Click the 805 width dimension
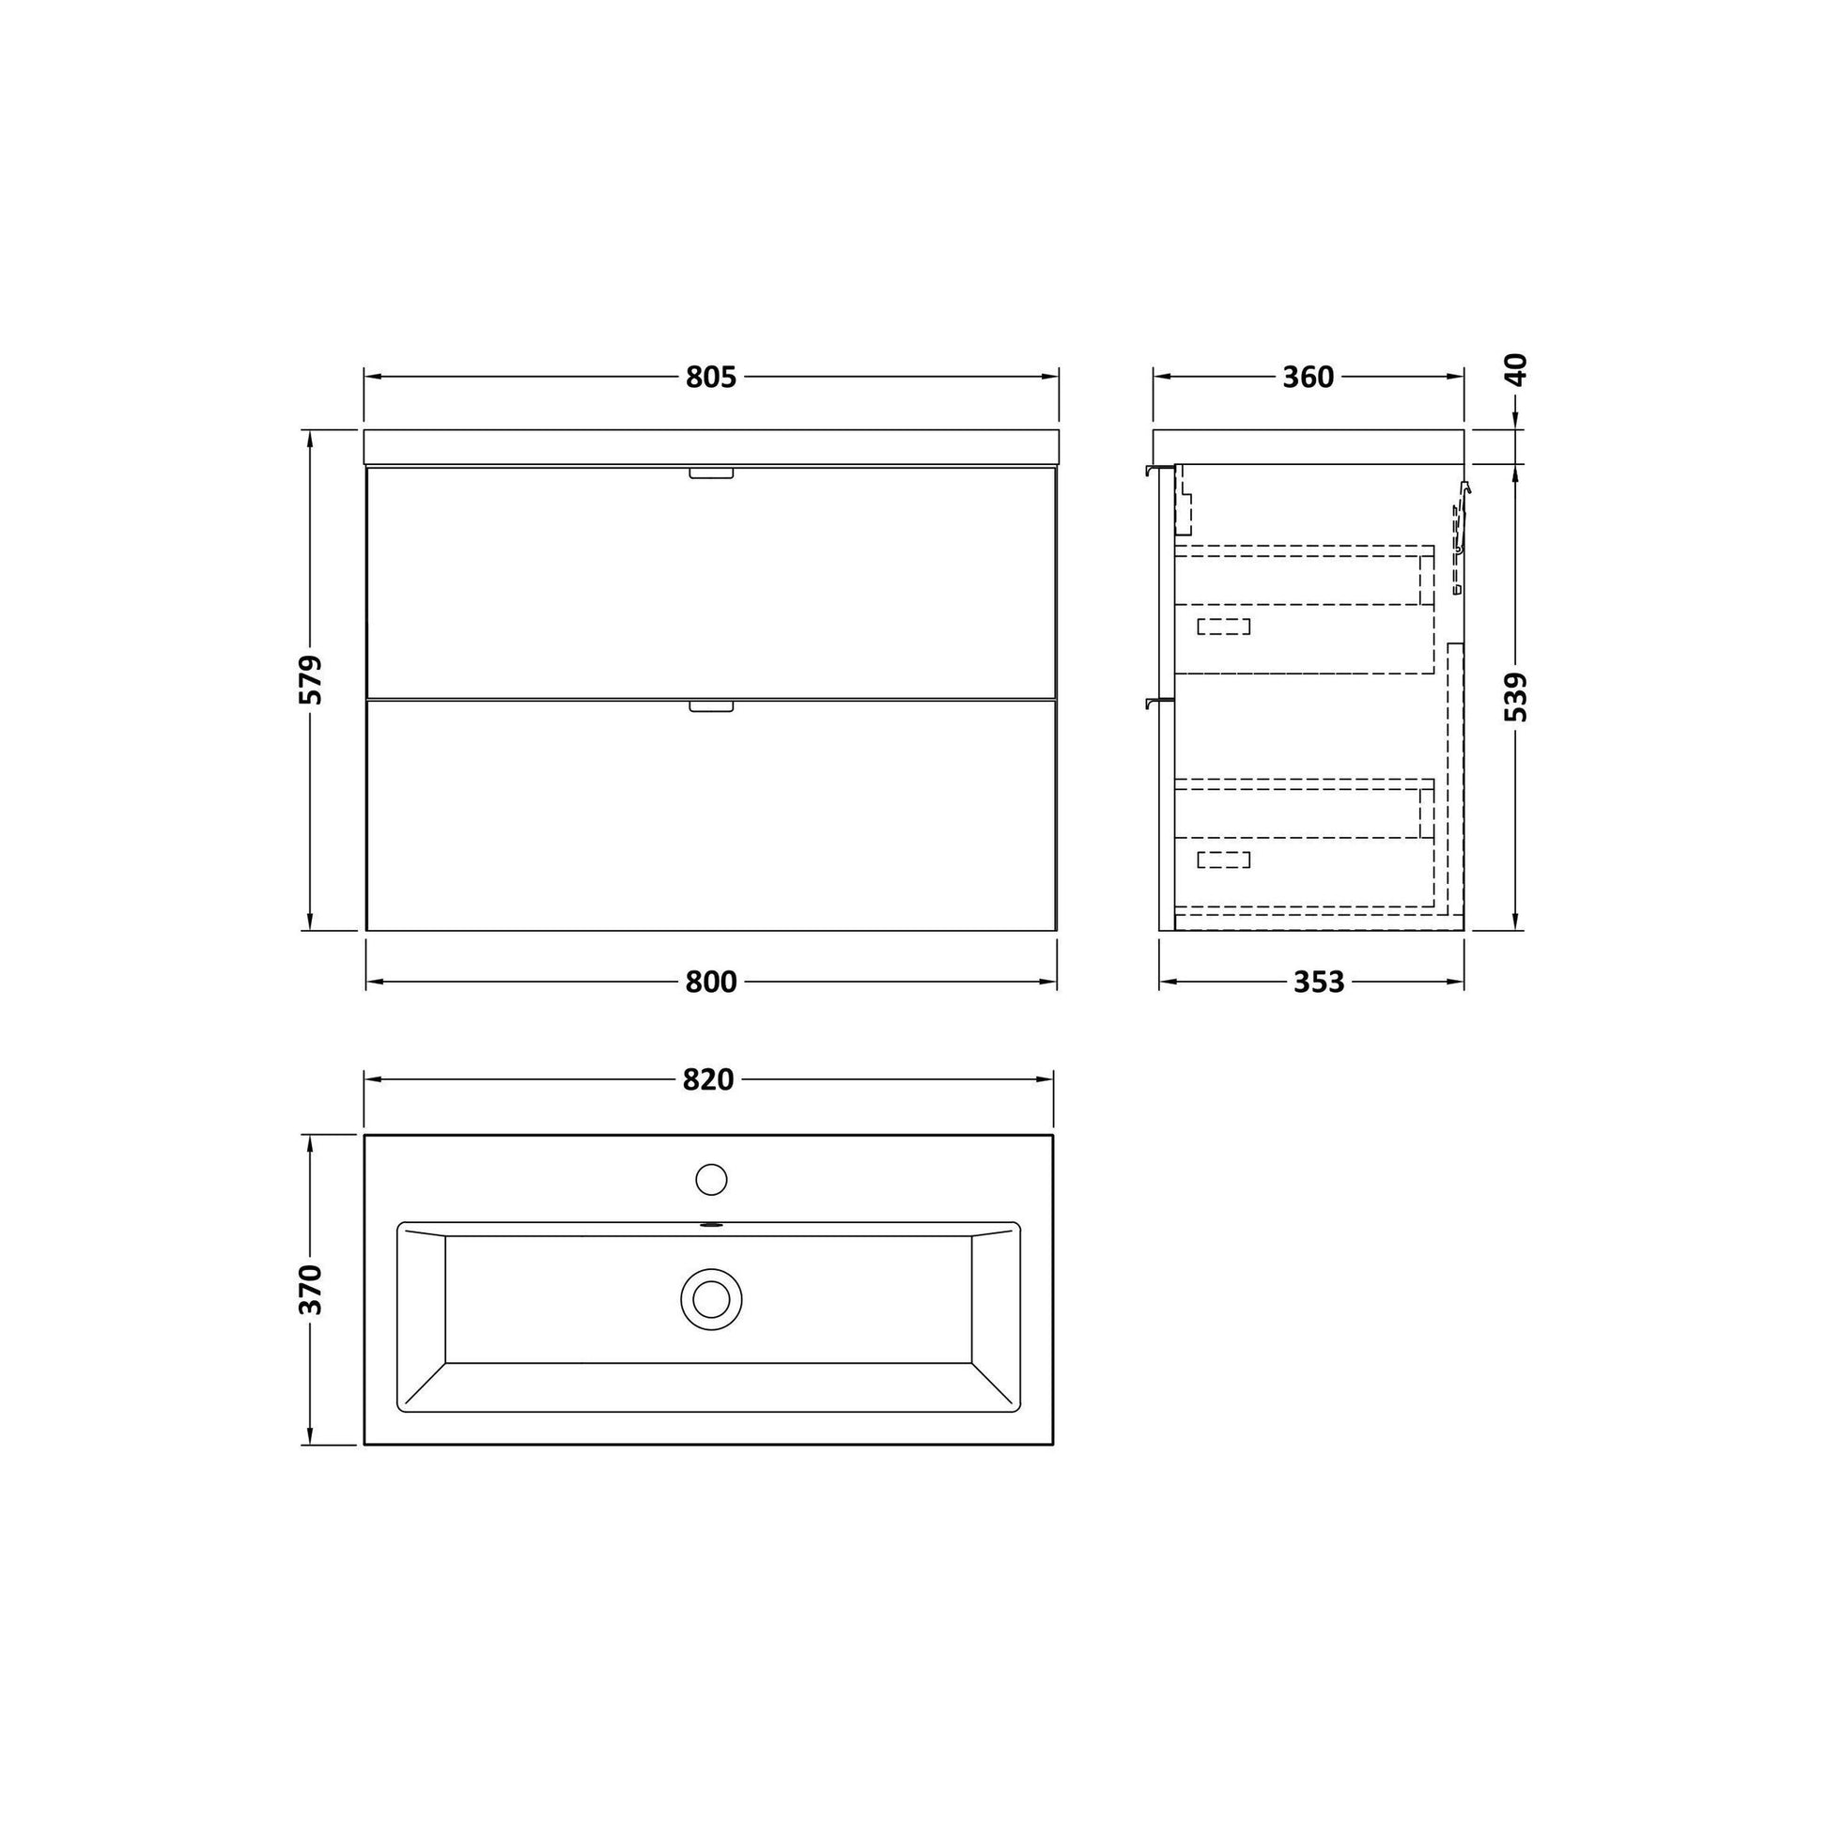click(x=710, y=378)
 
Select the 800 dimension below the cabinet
click(x=710, y=983)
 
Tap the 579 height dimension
click(x=310, y=679)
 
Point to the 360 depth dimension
click(x=1309, y=378)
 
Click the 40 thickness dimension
click(x=1516, y=369)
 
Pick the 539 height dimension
click(x=1516, y=696)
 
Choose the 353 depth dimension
click(x=1319, y=983)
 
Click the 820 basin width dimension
click(x=708, y=1079)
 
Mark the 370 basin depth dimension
click(x=310, y=1289)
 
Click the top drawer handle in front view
click(x=711, y=473)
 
